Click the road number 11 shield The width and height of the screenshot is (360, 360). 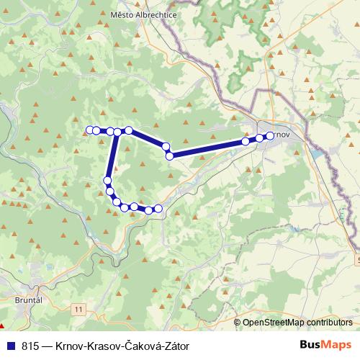pos(78,308)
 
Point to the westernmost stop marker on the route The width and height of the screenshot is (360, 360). pos(90,130)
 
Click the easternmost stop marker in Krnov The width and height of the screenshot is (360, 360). pos(270,135)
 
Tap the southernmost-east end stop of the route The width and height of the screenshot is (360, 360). pos(158,209)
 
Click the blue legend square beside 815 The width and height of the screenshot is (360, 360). pos(10,346)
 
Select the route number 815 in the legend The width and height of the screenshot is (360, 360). pos(31,346)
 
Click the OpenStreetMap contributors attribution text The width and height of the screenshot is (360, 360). pos(297,323)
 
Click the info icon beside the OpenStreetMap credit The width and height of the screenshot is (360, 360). pos(238,323)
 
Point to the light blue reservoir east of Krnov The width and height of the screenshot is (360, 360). pos(318,153)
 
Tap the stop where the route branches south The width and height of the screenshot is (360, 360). pos(117,132)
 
